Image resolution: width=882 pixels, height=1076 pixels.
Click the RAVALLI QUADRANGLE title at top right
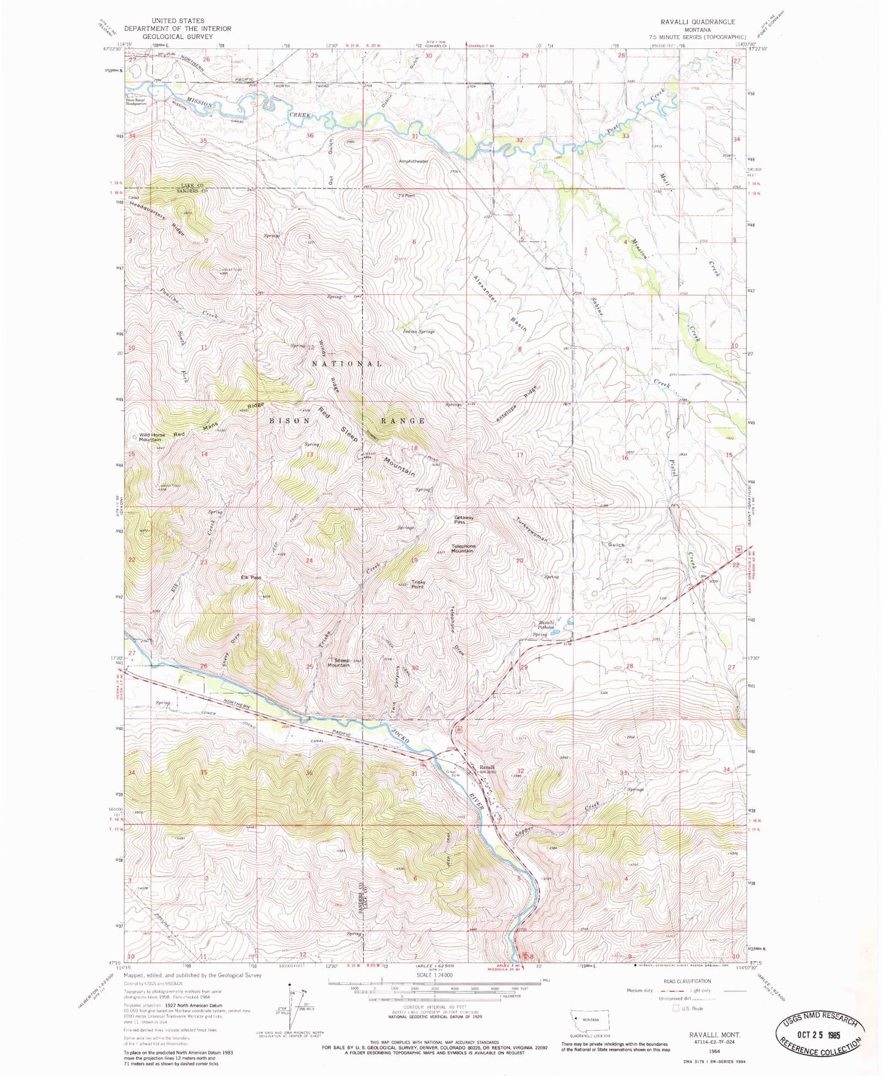(x=697, y=21)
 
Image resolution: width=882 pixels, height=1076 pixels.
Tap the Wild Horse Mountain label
(x=151, y=437)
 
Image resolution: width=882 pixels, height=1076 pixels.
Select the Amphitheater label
(x=413, y=161)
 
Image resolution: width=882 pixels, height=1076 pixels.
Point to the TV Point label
(x=407, y=195)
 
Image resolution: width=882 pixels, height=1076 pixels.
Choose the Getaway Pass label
(x=463, y=520)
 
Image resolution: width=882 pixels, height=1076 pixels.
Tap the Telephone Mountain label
(x=463, y=548)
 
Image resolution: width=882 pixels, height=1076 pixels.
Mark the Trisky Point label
(x=418, y=584)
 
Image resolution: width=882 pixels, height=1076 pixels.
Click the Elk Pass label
(x=251, y=577)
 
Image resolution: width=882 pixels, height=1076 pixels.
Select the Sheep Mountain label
(x=339, y=662)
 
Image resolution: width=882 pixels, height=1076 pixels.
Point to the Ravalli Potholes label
(x=545, y=625)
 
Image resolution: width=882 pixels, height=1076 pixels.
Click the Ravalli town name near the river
(x=486, y=767)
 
